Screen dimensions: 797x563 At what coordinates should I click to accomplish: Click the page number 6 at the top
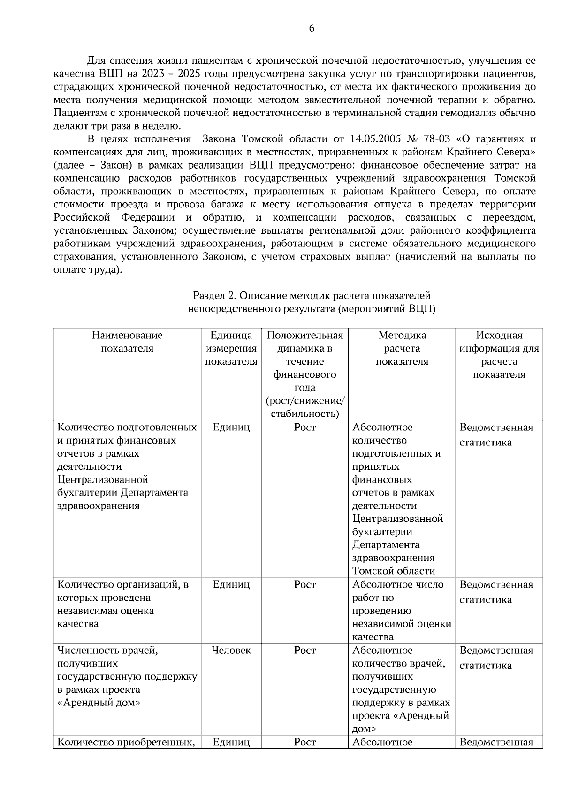pyautogui.click(x=312, y=29)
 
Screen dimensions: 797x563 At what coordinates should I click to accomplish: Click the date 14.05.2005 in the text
pyautogui.click(x=375, y=139)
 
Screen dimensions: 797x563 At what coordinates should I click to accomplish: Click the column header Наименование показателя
pyautogui.click(x=127, y=342)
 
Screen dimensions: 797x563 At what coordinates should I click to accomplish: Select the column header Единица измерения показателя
pyautogui.click(x=231, y=348)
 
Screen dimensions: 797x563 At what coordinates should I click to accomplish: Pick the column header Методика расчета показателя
pyautogui.click(x=402, y=348)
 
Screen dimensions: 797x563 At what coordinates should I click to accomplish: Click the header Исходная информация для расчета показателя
pyautogui.click(x=499, y=355)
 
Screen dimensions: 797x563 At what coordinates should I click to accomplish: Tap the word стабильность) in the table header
pyautogui.click(x=305, y=414)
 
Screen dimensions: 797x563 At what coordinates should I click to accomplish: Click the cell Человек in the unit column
pyautogui.click(x=231, y=651)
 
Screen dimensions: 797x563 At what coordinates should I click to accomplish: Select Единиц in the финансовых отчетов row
pyautogui.click(x=231, y=428)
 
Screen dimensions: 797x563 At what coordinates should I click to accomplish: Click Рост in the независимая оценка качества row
pyautogui.click(x=305, y=585)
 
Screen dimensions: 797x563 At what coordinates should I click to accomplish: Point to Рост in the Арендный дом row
pyautogui.click(x=305, y=651)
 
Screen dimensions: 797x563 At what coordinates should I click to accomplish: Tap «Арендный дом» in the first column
pyautogui.click(x=99, y=703)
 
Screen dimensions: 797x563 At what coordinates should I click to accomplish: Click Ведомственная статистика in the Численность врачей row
pyautogui.click(x=496, y=658)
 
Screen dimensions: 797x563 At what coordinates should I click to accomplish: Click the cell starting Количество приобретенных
pyautogui.click(x=127, y=742)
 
